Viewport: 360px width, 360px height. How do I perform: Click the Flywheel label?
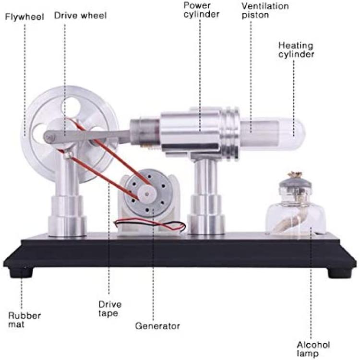pyautogui.click(x=24, y=17)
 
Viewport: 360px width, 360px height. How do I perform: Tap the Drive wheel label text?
pyautogui.click(x=80, y=16)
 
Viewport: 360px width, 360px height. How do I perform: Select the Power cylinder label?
pyautogui.click(x=201, y=10)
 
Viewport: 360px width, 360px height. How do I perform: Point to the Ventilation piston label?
pyautogui.click(x=265, y=11)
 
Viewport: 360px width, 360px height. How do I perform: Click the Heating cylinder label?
pyautogui.click(x=296, y=50)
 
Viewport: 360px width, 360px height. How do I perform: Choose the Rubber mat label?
pyautogui.click(x=24, y=320)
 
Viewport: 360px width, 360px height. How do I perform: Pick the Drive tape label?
pyautogui.click(x=110, y=309)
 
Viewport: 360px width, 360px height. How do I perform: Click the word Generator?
pyautogui.click(x=157, y=326)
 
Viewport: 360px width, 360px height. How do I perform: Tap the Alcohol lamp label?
pyautogui.click(x=313, y=349)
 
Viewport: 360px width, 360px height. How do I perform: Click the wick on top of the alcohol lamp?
pyautogui.click(x=295, y=175)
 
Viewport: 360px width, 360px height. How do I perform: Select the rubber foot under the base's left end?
pyautogui.click(x=21, y=273)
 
